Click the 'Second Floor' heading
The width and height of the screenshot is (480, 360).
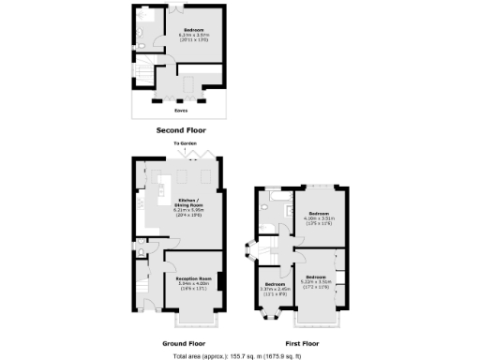point(179,130)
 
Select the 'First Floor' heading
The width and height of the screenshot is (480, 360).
point(301,343)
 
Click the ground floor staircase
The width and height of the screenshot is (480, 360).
point(141,281)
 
